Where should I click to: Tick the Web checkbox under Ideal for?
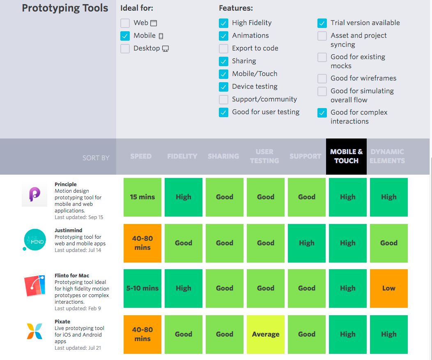pyautogui.click(x=125, y=23)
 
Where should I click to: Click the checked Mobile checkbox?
pyautogui.click(x=125, y=36)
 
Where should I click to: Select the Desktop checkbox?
pyautogui.click(x=125, y=48)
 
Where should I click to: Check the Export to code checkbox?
pyautogui.click(x=223, y=48)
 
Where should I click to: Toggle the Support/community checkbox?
pyautogui.click(x=223, y=99)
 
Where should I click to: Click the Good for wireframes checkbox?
pyautogui.click(x=322, y=78)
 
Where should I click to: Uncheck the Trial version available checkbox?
pyautogui.click(x=322, y=23)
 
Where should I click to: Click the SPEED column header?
pyautogui.click(x=141, y=157)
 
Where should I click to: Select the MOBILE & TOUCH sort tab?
pyautogui.click(x=346, y=157)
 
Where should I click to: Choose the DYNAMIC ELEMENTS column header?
pyautogui.click(x=387, y=157)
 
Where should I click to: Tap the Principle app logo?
pyautogui.click(x=34, y=194)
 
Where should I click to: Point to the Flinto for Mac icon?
pyautogui.click(x=34, y=285)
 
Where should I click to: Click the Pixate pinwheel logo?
pyautogui.click(x=34, y=331)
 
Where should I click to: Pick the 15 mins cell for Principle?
pyautogui.click(x=142, y=197)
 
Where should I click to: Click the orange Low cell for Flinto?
pyautogui.click(x=389, y=288)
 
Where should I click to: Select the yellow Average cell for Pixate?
pyautogui.click(x=266, y=335)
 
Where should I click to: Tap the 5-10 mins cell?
pyautogui.click(x=142, y=288)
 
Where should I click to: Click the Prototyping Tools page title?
pyautogui.click(x=65, y=8)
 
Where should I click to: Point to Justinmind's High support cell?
pyautogui.click(x=307, y=243)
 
